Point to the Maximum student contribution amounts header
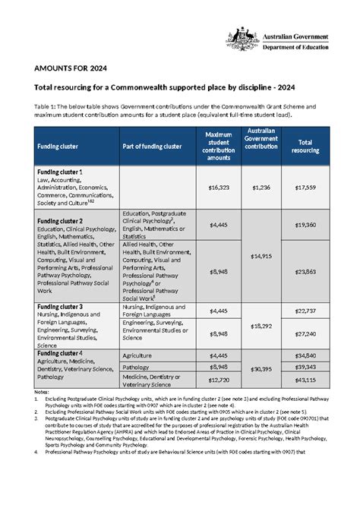[x=219, y=145]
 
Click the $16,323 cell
[x=219, y=187]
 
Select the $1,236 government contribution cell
[x=261, y=187]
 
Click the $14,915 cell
[x=261, y=257]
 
